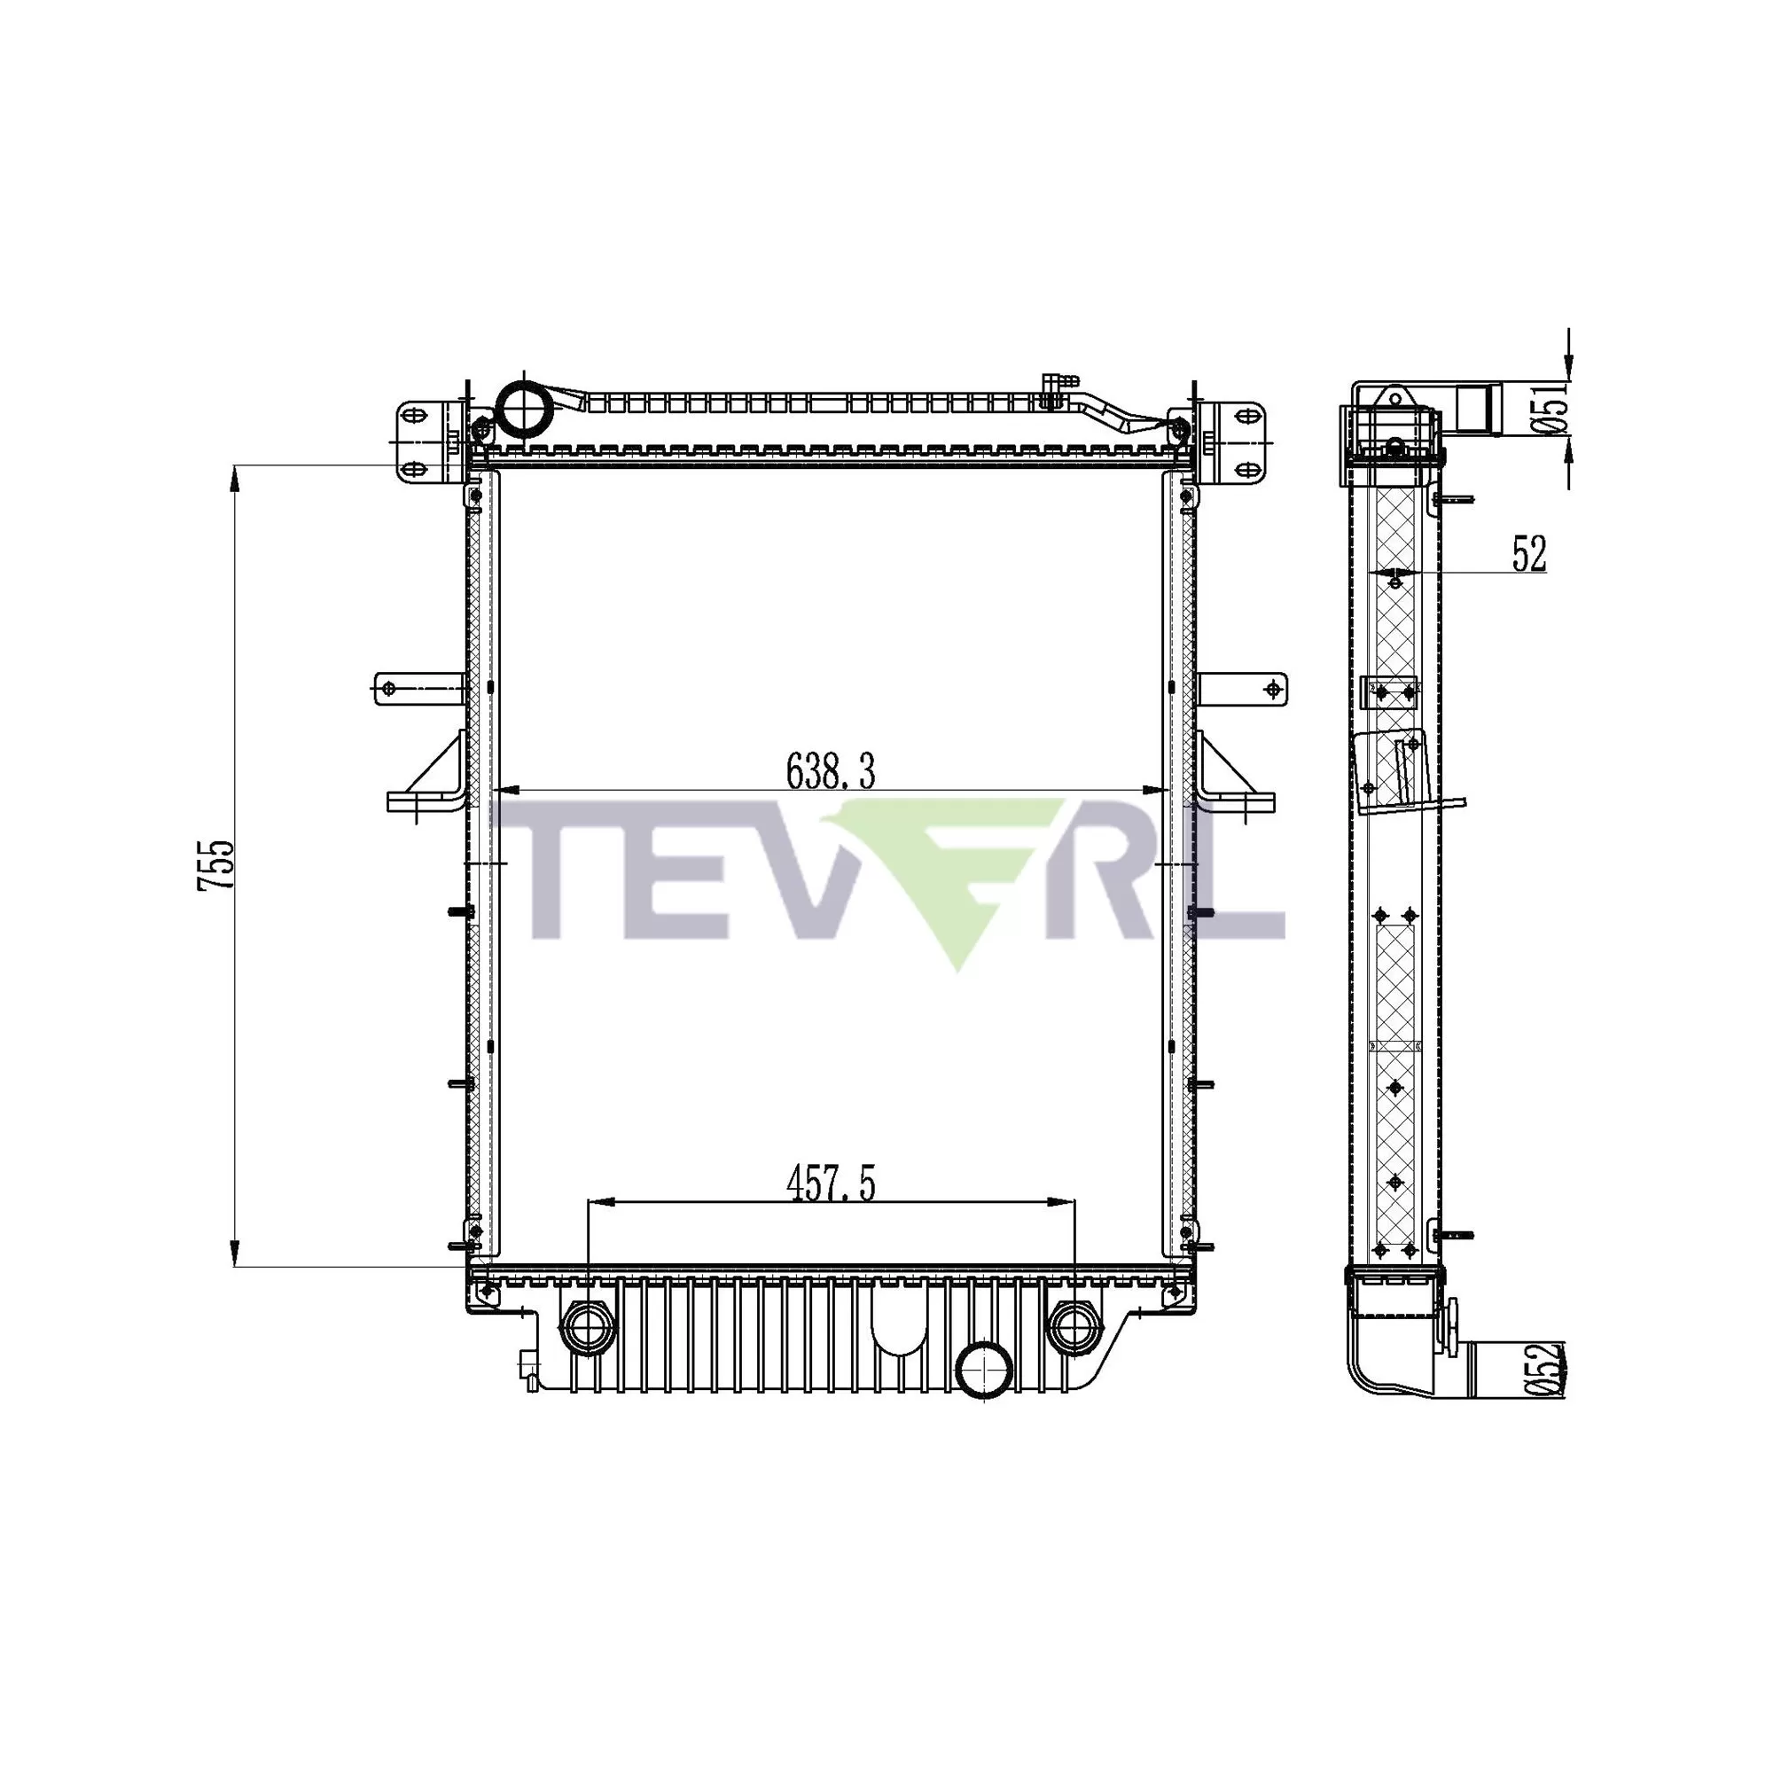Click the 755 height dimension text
point(216,864)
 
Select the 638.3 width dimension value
point(831,772)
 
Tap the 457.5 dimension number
point(831,1183)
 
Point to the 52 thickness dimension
point(1529,553)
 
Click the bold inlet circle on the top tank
point(521,402)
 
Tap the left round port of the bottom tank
point(588,1326)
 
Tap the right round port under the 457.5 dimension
point(1074,1326)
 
